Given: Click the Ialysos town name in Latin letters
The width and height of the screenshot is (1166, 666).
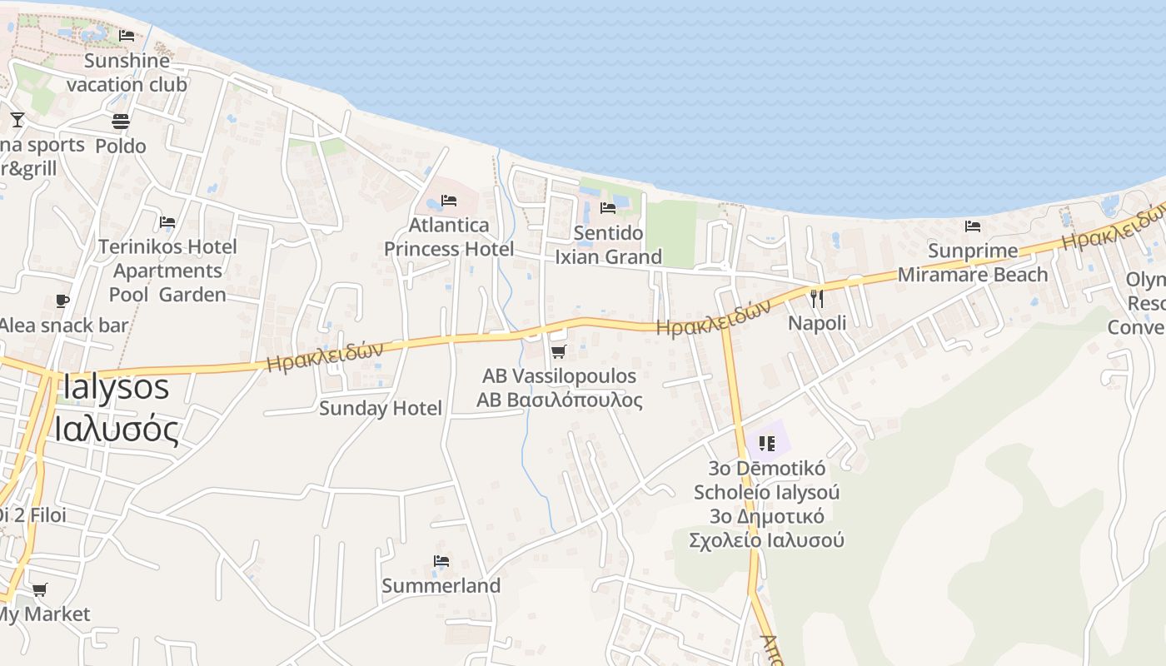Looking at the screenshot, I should [115, 388].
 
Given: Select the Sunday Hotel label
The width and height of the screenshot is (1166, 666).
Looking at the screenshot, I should [381, 408].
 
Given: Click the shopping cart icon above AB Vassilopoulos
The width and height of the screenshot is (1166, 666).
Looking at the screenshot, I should [559, 352].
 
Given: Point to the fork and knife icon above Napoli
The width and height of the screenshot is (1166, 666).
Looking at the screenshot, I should [816, 298].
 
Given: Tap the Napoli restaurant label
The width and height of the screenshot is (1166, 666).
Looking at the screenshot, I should [817, 323].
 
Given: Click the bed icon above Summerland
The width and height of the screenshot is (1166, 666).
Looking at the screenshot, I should [441, 561].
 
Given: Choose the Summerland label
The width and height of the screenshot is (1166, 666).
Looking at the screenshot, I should [441, 586].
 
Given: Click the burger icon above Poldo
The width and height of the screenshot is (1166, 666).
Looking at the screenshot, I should [121, 122].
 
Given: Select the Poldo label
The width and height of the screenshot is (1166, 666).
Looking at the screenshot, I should [121, 147].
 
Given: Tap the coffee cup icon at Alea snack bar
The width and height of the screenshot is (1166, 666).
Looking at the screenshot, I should [62, 301].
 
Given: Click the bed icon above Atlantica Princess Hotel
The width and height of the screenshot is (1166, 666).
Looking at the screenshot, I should [449, 201].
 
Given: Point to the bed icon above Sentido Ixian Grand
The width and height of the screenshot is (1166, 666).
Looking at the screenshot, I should [608, 207].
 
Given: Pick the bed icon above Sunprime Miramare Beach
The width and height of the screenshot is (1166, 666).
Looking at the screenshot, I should [972, 226].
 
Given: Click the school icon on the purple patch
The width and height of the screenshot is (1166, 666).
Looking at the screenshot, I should [767, 443].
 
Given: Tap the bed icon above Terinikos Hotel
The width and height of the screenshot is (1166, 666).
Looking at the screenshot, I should [167, 222].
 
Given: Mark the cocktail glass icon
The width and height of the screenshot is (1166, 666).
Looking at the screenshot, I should [17, 120].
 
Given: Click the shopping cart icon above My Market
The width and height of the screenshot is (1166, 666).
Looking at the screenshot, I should [39, 590].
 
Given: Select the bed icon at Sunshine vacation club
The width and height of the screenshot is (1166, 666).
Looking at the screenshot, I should [127, 36].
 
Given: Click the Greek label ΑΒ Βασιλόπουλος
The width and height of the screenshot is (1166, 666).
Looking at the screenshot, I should [560, 400].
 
